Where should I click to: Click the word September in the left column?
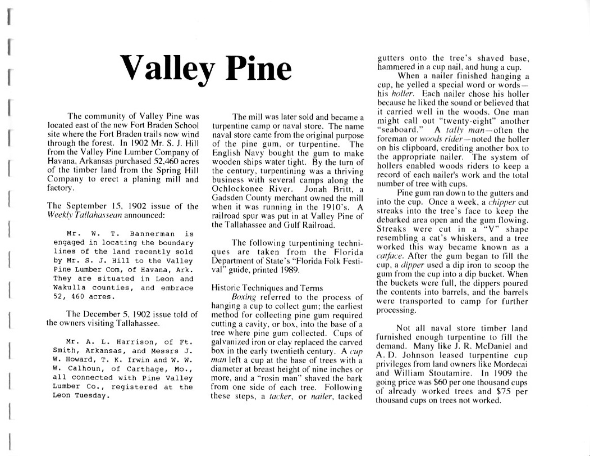point(82,206)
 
